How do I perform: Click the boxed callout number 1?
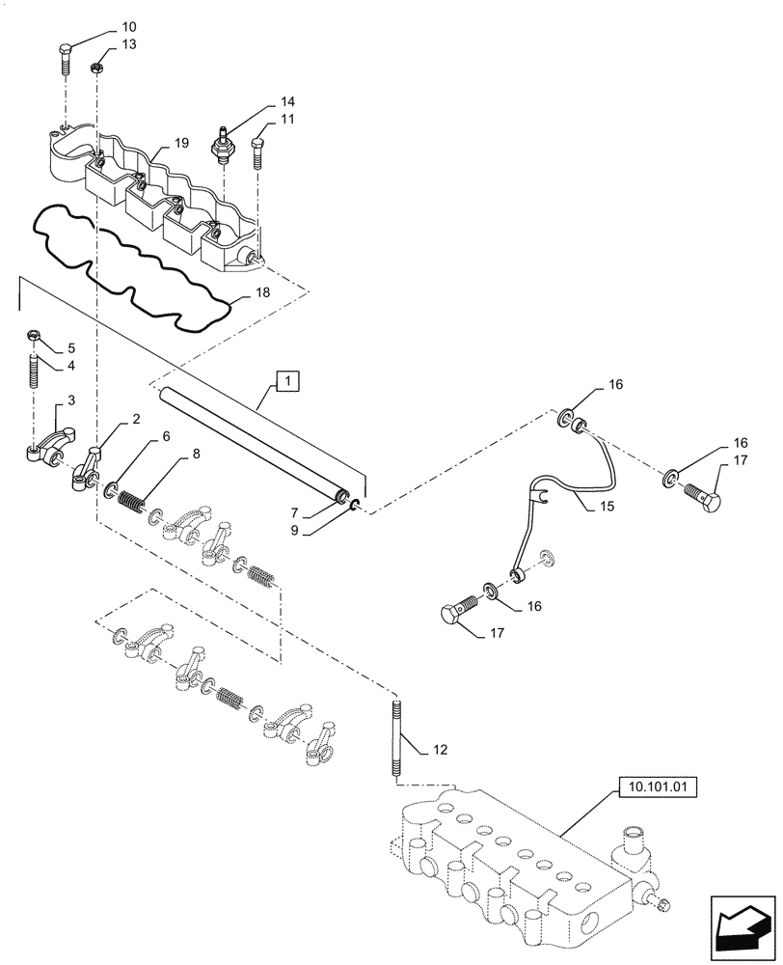point(287,382)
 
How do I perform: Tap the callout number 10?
point(129,26)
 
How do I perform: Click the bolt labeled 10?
point(65,58)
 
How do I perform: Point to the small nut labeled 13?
point(97,68)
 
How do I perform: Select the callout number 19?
point(180,143)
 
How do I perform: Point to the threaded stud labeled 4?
point(35,371)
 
